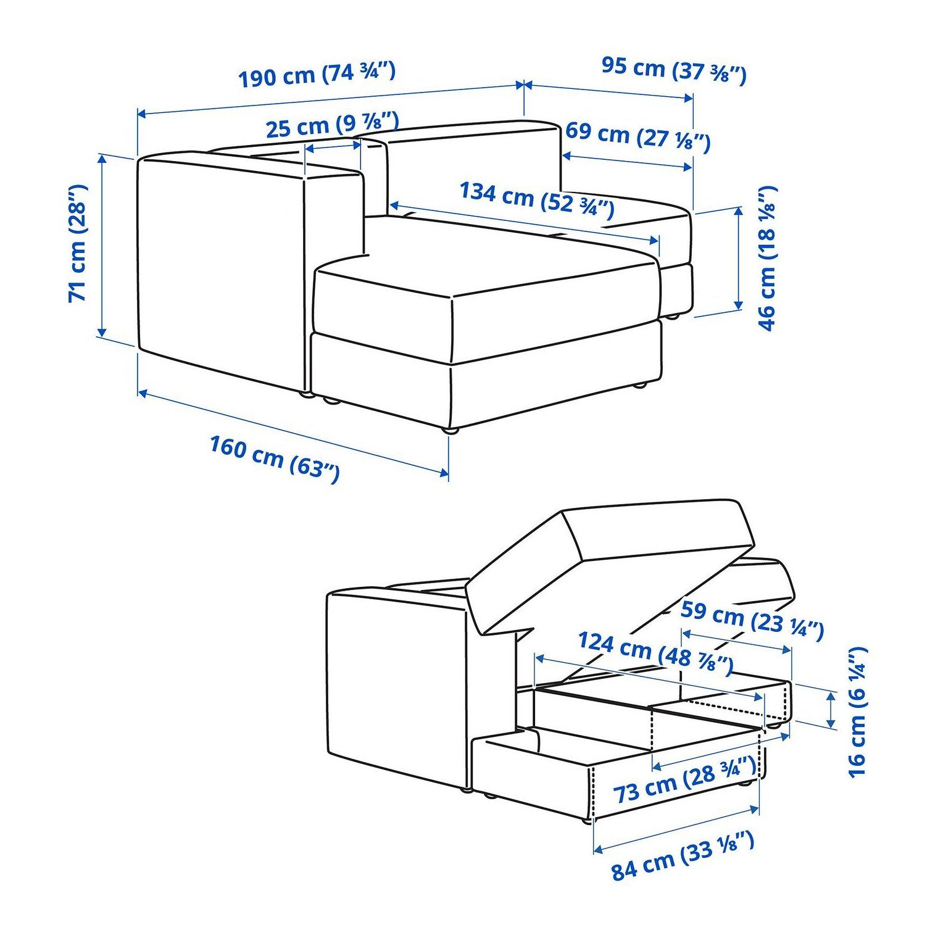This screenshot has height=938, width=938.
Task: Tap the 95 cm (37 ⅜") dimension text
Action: coord(674,69)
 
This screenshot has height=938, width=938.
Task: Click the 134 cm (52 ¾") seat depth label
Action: coord(537,199)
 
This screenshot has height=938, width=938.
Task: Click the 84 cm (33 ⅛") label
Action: coord(683,855)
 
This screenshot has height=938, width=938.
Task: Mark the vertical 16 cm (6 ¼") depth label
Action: coord(858,712)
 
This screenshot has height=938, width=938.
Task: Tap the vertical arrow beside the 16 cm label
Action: coord(831,710)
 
